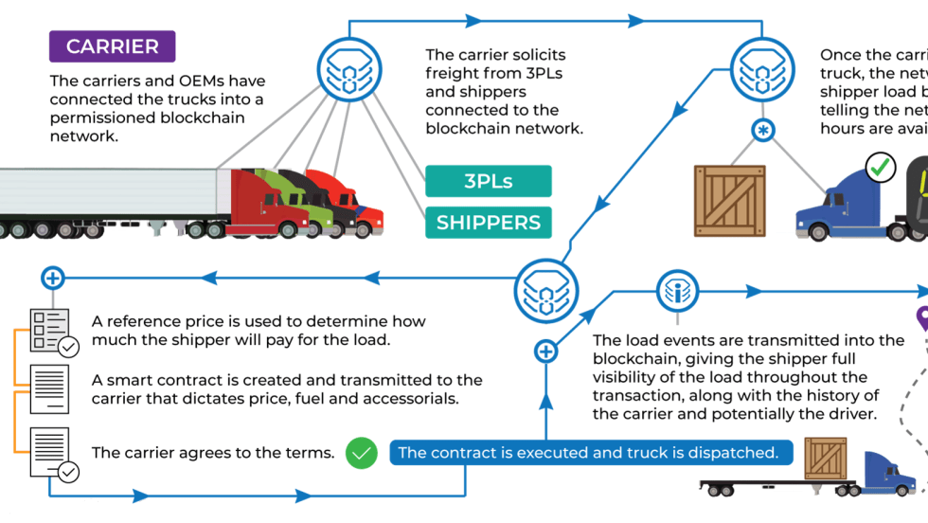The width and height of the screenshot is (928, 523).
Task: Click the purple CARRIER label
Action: pos(112,46)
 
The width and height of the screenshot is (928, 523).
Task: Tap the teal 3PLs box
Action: pos(488,181)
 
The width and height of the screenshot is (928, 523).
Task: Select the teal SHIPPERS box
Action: pos(488,224)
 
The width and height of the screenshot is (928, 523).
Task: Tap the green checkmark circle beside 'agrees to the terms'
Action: pos(360,453)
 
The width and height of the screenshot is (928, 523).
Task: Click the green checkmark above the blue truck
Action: pos(881,168)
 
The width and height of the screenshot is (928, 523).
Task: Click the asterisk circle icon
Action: pos(762,130)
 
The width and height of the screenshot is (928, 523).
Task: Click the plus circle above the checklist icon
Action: pos(53,278)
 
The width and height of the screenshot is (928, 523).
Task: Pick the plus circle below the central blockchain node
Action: pos(545,352)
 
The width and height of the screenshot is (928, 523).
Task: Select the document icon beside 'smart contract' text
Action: pos(49,389)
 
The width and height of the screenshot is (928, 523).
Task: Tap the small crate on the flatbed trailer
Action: pos(825,459)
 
